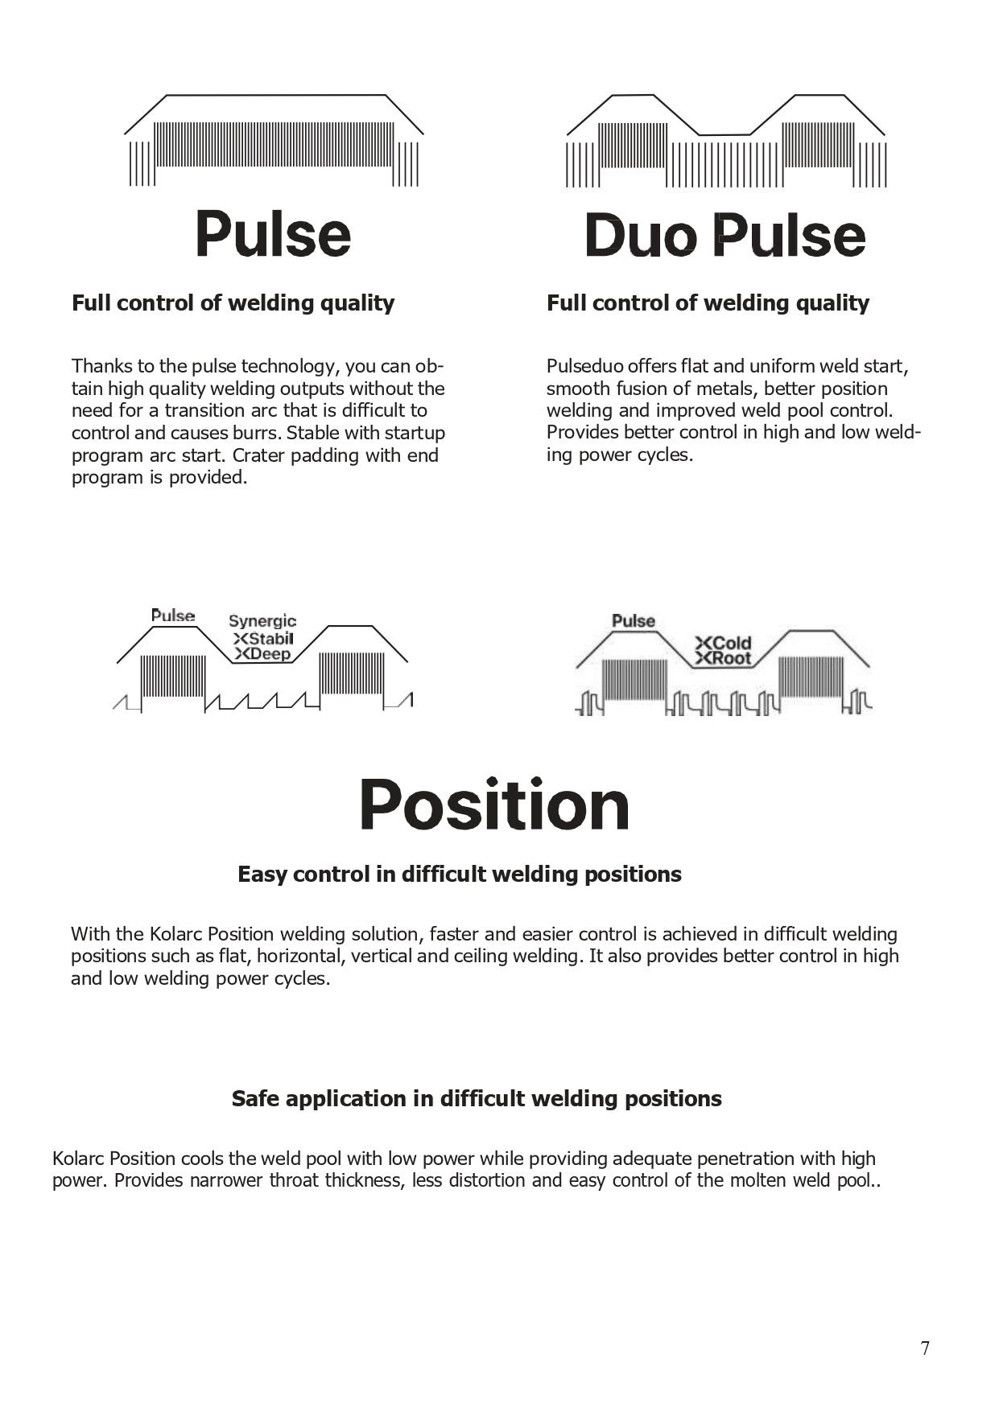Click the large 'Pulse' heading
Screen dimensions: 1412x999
[273, 234]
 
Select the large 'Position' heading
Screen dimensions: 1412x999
[493, 805]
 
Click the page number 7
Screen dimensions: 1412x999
[925, 1348]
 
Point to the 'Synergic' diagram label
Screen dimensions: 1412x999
[262, 621]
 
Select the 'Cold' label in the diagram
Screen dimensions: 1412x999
[731, 643]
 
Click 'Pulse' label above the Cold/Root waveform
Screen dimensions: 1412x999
[634, 621]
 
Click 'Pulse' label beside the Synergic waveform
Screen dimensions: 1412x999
[173, 615]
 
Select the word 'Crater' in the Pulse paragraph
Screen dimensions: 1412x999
[258, 455]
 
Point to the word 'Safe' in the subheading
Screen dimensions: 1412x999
[255, 1099]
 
